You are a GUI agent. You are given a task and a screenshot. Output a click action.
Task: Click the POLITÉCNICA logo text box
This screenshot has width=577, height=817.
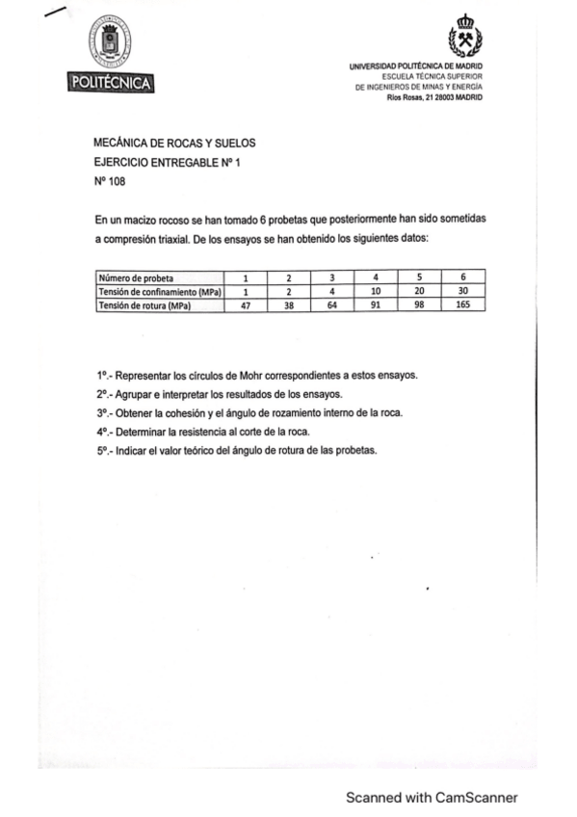111,84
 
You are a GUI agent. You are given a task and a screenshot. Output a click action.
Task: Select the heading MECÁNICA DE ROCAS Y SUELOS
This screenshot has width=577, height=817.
174,143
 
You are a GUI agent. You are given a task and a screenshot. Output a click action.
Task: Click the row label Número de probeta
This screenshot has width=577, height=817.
136,278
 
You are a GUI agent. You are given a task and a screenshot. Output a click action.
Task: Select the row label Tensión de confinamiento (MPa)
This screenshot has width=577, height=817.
160,292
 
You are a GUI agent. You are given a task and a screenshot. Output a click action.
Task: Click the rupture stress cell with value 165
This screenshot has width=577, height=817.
462,305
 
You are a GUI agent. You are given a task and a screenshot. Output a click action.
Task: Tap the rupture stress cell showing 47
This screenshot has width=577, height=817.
246,305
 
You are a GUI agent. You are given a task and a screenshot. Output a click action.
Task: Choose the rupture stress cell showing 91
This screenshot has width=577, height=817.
375,305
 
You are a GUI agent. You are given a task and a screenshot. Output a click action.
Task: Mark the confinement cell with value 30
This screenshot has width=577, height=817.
462,292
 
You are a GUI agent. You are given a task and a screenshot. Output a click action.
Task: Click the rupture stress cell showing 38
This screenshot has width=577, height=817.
288,305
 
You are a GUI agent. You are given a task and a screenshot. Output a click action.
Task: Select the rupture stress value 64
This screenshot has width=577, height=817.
331,305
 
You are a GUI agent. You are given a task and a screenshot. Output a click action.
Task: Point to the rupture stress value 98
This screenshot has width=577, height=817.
418,305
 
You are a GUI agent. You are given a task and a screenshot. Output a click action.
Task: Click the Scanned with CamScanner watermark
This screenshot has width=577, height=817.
432,798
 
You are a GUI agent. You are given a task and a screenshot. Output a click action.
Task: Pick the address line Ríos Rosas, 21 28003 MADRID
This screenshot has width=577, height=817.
434,97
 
